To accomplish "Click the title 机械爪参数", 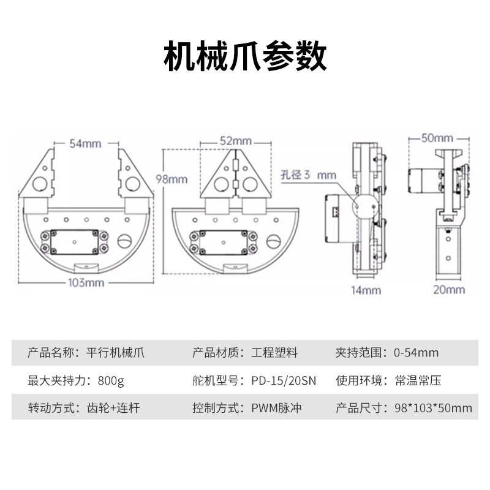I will (x=245, y=58).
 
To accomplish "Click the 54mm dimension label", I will (x=85, y=144).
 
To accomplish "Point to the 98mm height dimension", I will (x=172, y=179).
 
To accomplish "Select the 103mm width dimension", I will (x=85, y=282).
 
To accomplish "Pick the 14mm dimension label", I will (x=366, y=290).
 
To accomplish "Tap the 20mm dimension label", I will (x=449, y=290).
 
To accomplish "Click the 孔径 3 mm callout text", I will (x=309, y=175).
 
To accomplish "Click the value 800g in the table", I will (x=110, y=380).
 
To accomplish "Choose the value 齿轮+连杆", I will (x=113, y=408).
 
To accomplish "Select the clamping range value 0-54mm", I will (x=417, y=353).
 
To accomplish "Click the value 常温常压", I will (x=418, y=380).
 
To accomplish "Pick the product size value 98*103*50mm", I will (x=433, y=408).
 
